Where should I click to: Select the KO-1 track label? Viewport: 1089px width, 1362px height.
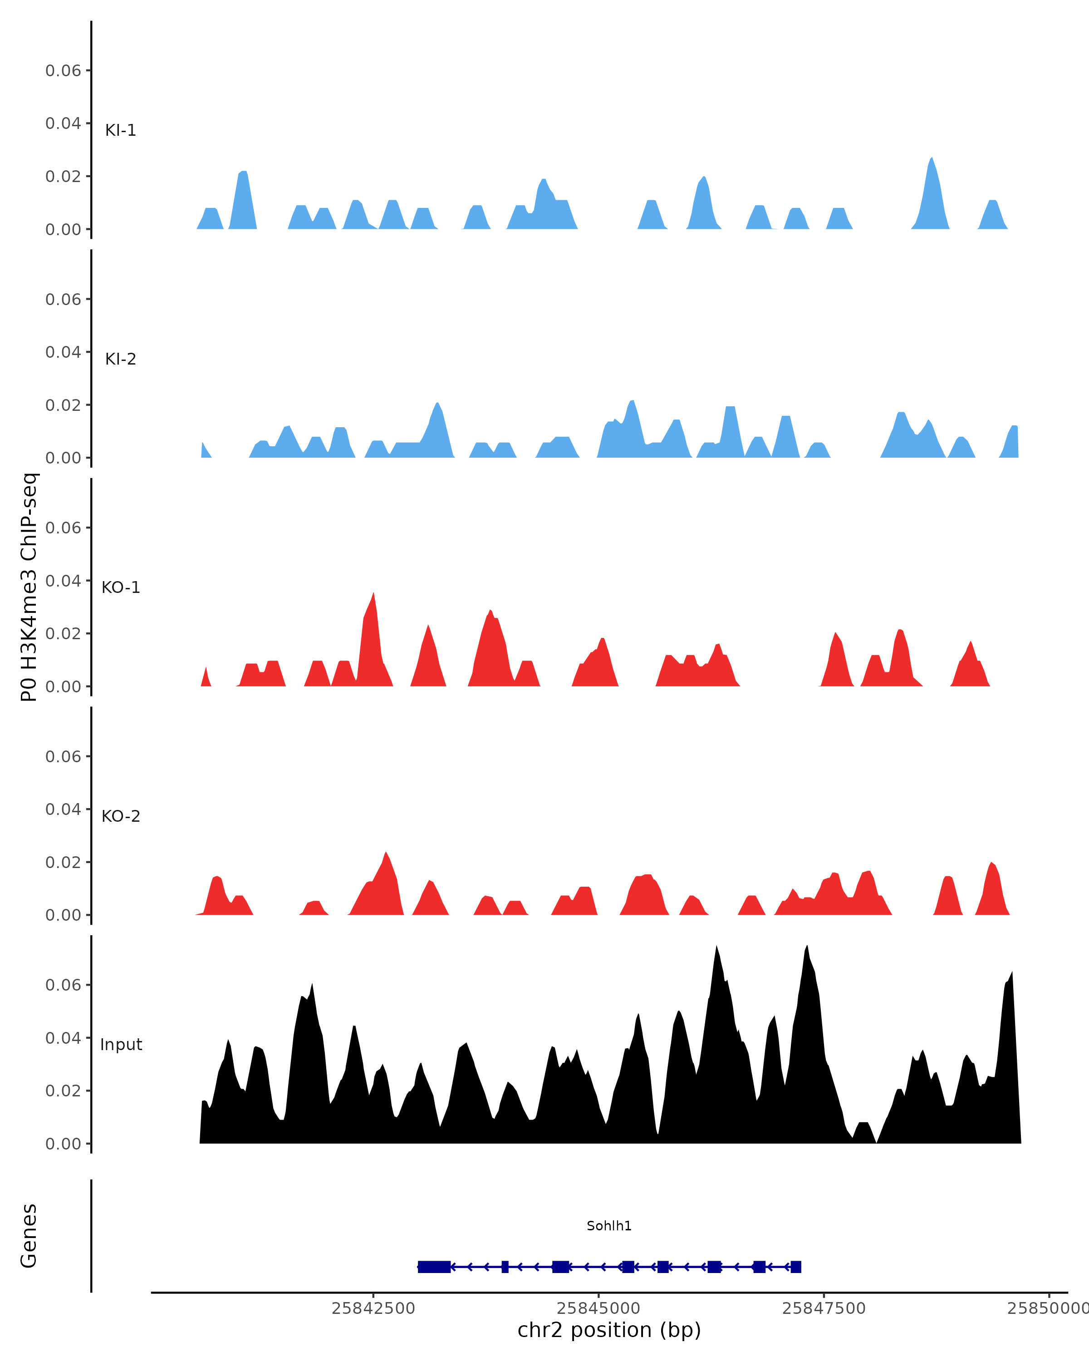click(x=121, y=587)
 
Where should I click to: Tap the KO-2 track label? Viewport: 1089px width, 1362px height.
click(x=121, y=816)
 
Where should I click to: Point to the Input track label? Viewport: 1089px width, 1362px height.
click(x=121, y=1045)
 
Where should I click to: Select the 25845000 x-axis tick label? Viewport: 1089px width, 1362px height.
click(x=598, y=1308)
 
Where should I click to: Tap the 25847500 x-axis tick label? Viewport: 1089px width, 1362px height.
click(x=824, y=1308)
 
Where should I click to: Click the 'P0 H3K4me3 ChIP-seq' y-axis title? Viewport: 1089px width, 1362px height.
click(x=29, y=587)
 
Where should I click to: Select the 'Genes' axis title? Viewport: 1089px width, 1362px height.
click(x=29, y=1236)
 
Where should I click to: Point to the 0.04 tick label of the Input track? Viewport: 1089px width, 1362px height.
click(x=63, y=1038)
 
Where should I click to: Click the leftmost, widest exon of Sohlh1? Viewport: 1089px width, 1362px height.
click(x=434, y=1267)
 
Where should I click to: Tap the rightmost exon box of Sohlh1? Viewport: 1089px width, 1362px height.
click(x=795, y=1267)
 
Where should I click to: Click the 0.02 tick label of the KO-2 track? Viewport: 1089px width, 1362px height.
click(x=63, y=862)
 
